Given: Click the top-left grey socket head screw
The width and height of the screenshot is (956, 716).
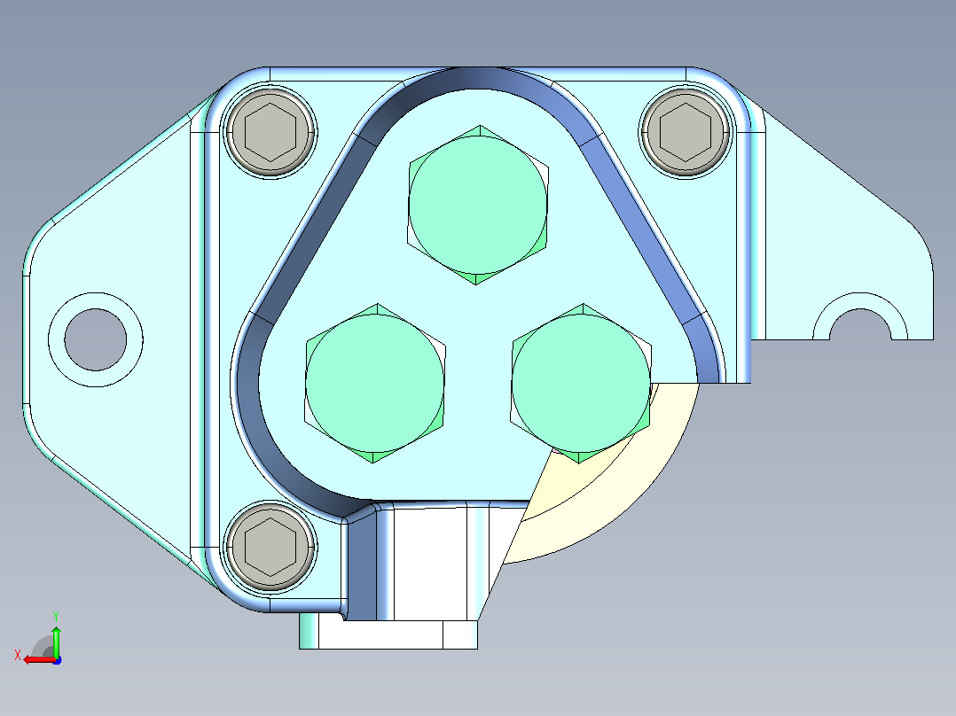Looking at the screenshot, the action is [x=270, y=132].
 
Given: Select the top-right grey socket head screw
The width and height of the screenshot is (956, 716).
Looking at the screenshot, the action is [x=686, y=132].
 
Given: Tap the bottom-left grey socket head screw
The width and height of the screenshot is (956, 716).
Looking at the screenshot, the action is [x=270, y=546].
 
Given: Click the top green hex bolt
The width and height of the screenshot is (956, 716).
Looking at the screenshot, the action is [x=477, y=205].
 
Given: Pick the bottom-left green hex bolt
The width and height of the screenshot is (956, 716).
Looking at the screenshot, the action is [x=375, y=384].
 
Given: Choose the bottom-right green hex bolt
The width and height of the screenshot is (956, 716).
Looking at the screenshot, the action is [x=581, y=384].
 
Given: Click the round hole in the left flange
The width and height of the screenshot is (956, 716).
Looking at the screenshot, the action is [x=96, y=339].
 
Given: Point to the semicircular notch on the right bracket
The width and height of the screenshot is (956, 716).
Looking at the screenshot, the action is [x=860, y=318].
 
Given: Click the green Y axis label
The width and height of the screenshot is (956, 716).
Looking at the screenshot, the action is [x=56, y=616].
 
